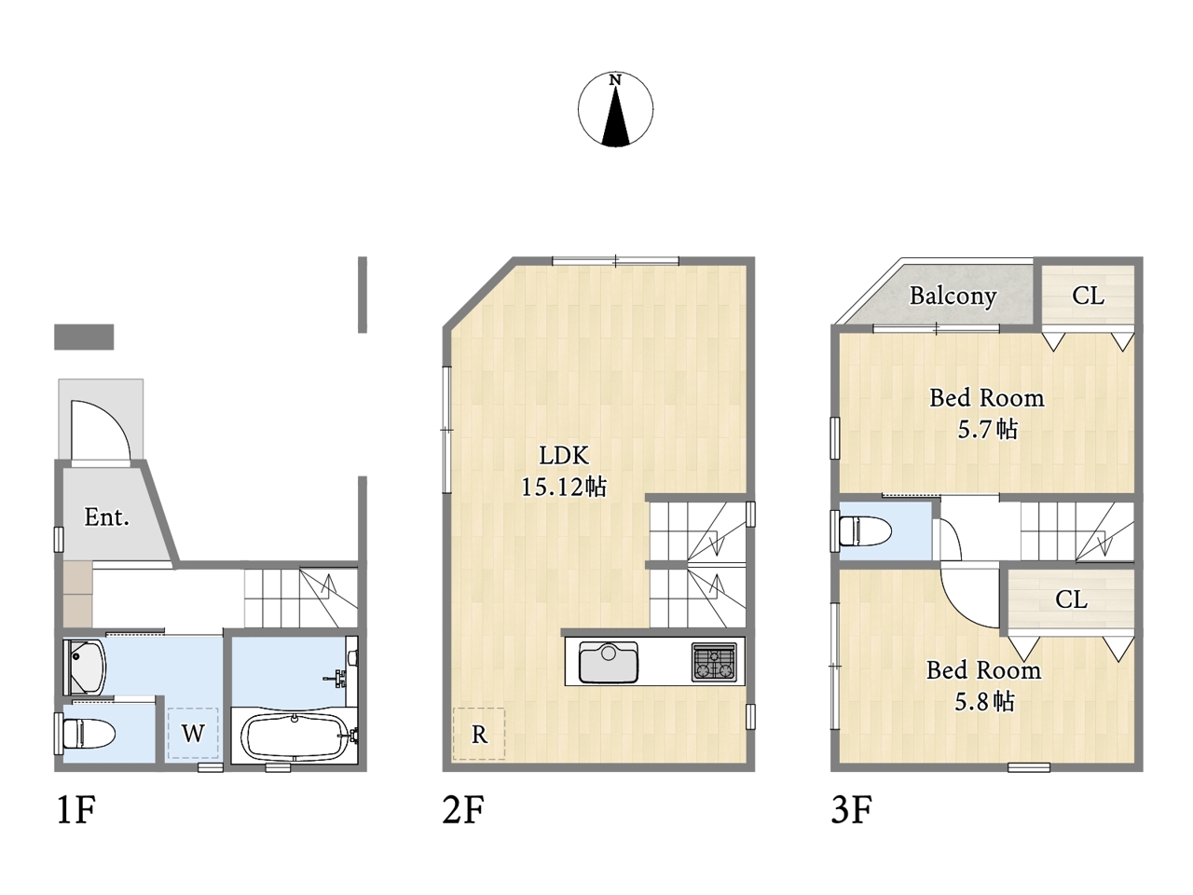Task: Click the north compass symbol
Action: tap(615, 109)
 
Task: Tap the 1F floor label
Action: tap(76, 810)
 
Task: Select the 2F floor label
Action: tap(463, 810)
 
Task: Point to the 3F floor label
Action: tap(852, 810)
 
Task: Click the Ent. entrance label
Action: tap(106, 516)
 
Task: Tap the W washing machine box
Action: tap(193, 733)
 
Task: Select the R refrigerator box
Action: tap(479, 734)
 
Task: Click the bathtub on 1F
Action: tap(294, 737)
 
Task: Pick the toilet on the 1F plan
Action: tap(89, 734)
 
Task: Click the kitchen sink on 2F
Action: tap(609, 662)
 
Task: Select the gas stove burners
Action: tap(714, 662)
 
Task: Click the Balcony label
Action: tap(953, 296)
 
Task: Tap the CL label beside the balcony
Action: tap(1088, 296)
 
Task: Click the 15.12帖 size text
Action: tap(564, 487)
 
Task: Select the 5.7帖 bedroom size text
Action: tap(987, 429)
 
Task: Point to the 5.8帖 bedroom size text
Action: tap(984, 701)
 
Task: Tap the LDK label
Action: tap(564, 455)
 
